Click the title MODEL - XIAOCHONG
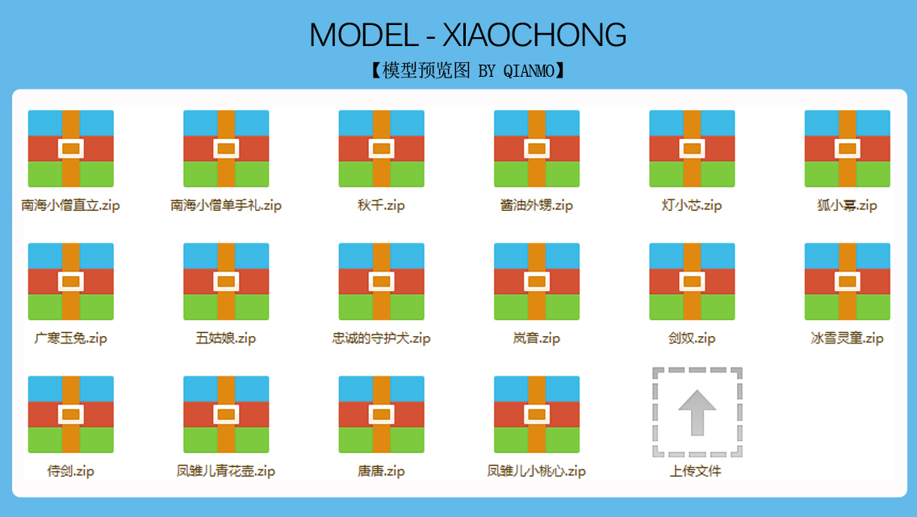click(x=468, y=35)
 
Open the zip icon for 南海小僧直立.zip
click(x=71, y=149)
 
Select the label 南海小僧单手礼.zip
click(x=226, y=205)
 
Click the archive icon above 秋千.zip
click(x=381, y=149)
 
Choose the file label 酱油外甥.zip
click(x=536, y=205)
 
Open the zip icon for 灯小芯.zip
click(x=692, y=149)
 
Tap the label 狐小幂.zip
click(x=847, y=205)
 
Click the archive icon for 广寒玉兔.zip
click(x=71, y=282)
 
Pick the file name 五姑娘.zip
click(x=226, y=338)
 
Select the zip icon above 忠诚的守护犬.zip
click(x=381, y=282)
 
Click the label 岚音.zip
click(x=536, y=338)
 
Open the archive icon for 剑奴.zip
click(x=692, y=282)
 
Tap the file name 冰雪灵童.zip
click(x=847, y=338)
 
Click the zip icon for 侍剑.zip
click(x=71, y=414)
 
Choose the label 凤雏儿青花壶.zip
click(x=226, y=471)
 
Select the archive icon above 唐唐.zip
click(x=381, y=414)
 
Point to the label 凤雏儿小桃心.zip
click(x=536, y=471)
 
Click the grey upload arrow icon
click(x=697, y=413)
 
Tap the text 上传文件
click(x=695, y=471)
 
